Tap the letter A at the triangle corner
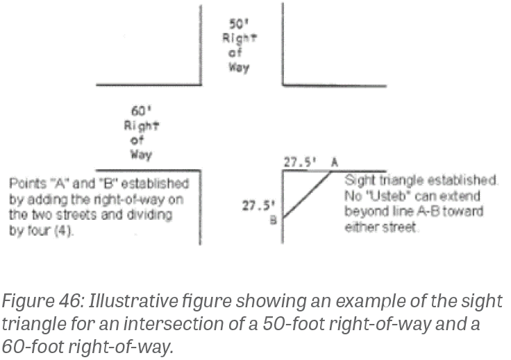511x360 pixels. point(335,162)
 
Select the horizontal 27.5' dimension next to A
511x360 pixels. point(300,162)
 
